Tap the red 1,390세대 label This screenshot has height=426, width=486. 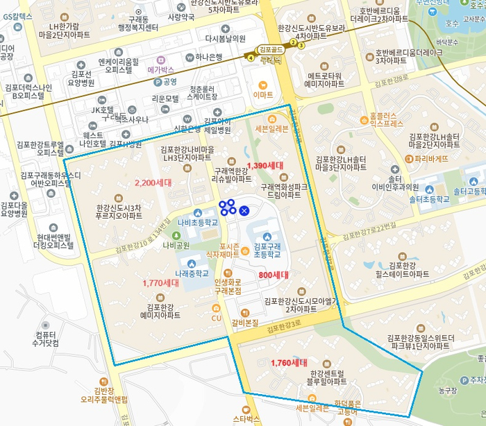(x=265, y=166)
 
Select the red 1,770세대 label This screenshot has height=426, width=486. (x=161, y=283)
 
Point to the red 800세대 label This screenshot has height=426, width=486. (x=273, y=275)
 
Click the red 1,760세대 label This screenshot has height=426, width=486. (x=289, y=363)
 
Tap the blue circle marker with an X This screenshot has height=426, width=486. (x=244, y=210)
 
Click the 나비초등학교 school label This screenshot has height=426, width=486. (x=198, y=223)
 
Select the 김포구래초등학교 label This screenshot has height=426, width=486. (x=267, y=250)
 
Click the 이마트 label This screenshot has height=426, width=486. (x=263, y=94)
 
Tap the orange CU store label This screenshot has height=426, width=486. (x=216, y=318)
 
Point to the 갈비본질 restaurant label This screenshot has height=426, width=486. (x=245, y=323)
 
